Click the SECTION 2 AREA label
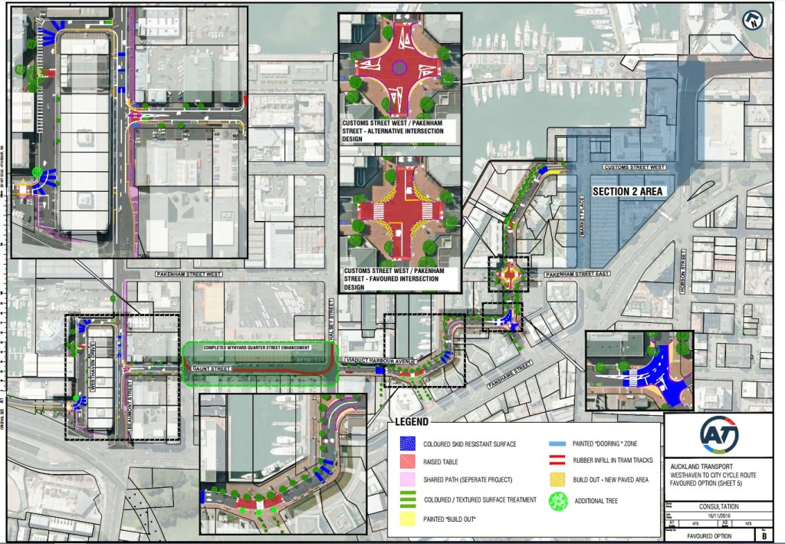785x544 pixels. (x=626, y=190)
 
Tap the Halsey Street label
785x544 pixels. (x=332, y=315)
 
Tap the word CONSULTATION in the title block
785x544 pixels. (x=718, y=506)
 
